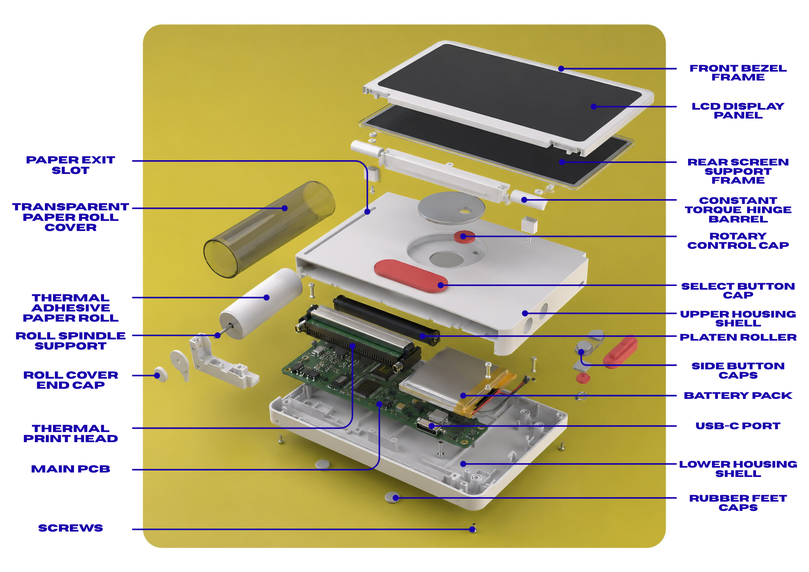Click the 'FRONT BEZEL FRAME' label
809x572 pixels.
pos(738,73)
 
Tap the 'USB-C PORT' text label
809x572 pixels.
pos(738,426)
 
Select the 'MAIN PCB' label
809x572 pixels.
pos(71,469)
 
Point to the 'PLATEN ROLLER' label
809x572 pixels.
pos(738,337)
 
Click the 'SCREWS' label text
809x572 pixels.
pos(71,528)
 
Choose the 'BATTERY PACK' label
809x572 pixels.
pos(738,396)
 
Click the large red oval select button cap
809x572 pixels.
pos(411,276)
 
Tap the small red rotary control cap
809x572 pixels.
pos(465,237)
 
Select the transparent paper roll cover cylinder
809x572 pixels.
pos(269,229)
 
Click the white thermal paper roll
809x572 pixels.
pos(261,303)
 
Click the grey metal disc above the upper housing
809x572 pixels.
pos(451,208)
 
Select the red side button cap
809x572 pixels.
pos(620,351)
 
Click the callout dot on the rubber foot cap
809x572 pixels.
pos(396,498)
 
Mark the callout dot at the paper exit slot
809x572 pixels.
pos(367,212)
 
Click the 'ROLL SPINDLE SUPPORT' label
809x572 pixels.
pos(71,341)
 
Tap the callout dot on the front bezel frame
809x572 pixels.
pos(561,69)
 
